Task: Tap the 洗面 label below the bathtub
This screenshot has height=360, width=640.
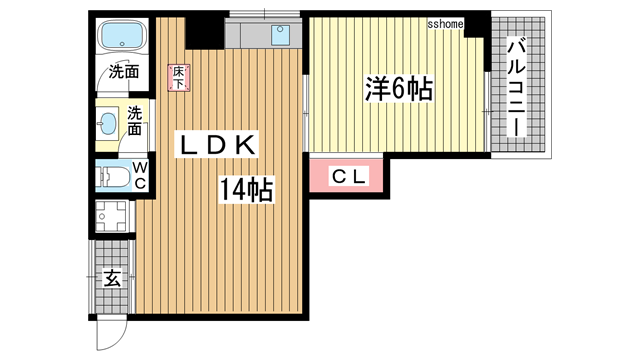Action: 124,71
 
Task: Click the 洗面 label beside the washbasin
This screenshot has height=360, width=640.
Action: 135,121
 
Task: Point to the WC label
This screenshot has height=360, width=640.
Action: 139,175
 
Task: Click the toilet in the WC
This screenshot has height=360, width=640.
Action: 113,177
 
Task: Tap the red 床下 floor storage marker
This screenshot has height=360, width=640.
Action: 178,77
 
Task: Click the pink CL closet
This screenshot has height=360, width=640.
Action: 347,177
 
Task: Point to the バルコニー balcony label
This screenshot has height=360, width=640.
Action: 516,88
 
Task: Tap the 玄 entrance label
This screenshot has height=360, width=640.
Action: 112,277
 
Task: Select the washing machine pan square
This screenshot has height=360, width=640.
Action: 112,216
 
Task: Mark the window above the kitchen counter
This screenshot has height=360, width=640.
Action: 265,14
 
